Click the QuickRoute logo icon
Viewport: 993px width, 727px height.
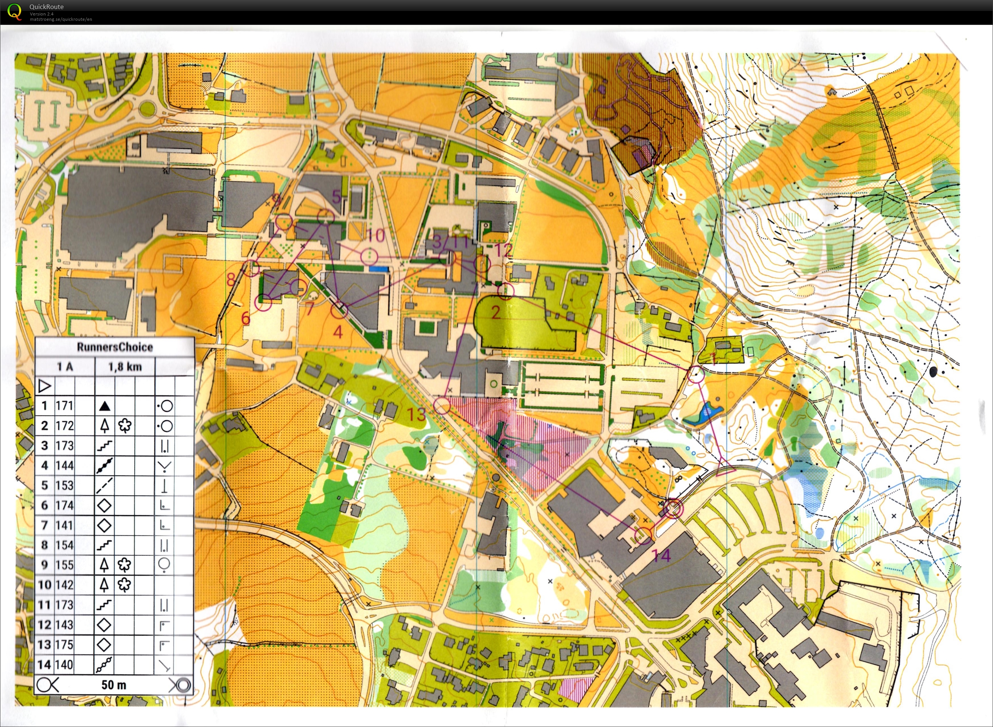coord(14,11)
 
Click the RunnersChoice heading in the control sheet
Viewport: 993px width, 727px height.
coord(115,347)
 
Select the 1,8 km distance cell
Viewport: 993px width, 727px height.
coord(125,367)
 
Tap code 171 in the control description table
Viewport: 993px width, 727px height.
coord(64,406)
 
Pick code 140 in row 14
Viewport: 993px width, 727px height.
coord(64,665)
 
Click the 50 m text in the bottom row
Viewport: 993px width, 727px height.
coord(113,685)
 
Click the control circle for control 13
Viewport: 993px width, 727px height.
coord(442,405)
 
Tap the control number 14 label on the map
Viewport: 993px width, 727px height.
coord(661,555)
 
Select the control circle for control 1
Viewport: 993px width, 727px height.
coord(696,374)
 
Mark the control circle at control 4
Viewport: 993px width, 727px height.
coord(339,310)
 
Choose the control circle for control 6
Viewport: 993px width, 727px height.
coord(263,303)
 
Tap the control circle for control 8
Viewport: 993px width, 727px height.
coord(251,268)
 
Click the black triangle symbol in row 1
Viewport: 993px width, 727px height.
coord(104,406)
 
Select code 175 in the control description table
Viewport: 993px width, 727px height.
coord(64,645)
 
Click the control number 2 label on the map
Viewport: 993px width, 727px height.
coord(496,312)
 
